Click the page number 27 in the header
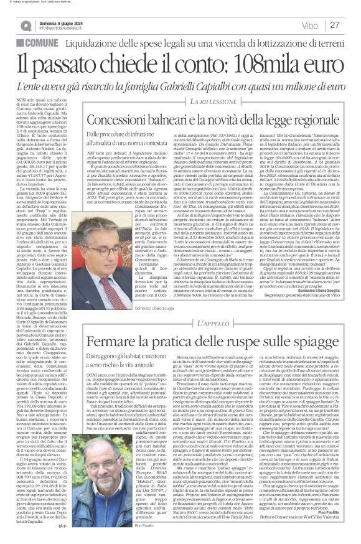click(334, 25)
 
